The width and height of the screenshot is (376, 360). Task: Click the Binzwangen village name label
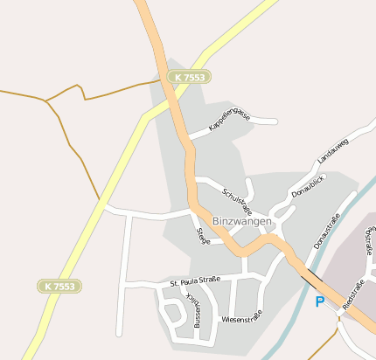(x=242, y=222)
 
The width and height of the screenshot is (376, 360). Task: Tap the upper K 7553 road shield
(x=191, y=78)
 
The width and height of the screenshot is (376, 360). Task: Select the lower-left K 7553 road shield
(x=60, y=286)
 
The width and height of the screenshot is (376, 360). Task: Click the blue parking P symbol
(x=320, y=301)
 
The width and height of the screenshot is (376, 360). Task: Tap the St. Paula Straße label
(x=189, y=282)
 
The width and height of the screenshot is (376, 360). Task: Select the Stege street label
(x=202, y=235)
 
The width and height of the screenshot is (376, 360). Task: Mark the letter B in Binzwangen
(x=216, y=222)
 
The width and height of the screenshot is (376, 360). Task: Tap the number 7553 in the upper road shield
(x=195, y=78)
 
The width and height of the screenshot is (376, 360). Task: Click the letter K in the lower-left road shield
(x=47, y=286)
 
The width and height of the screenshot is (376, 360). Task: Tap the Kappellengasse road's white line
(x=262, y=120)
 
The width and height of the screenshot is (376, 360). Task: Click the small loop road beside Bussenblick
(x=171, y=310)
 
